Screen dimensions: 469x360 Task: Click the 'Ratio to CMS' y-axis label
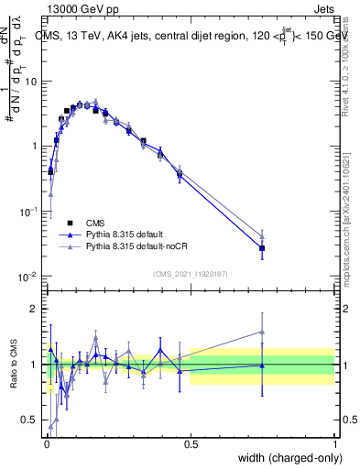[x=13, y=365]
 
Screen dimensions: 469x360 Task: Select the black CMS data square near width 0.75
[x=262, y=248]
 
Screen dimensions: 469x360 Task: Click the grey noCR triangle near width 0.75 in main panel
[x=262, y=234]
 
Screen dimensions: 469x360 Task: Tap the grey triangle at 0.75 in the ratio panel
[x=262, y=333]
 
